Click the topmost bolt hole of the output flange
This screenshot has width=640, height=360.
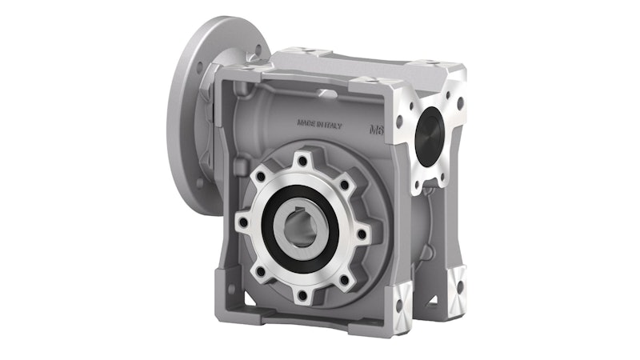pos(302,160)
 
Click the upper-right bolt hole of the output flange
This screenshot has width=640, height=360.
pos(345,185)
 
